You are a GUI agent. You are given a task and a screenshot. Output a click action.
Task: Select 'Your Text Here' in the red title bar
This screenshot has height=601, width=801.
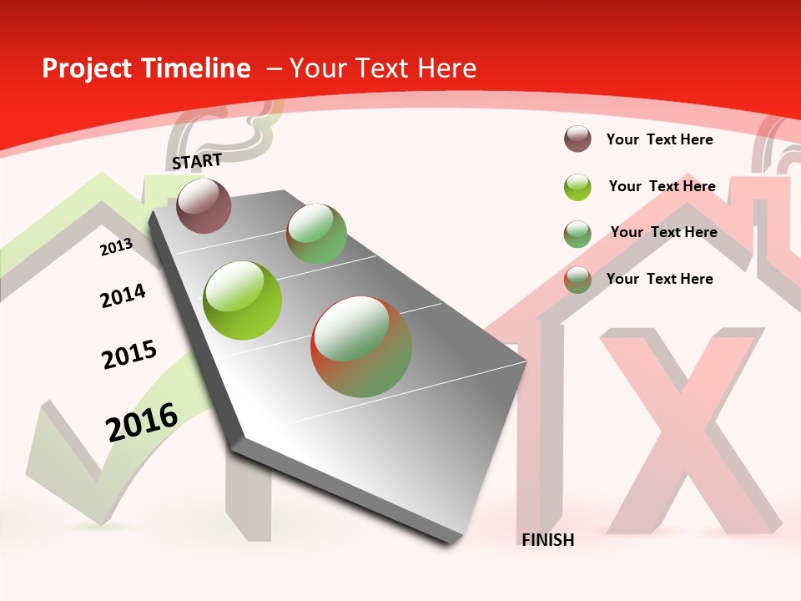tap(382, 68)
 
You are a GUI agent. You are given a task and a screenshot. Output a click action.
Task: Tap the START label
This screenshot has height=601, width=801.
tap(197, 161)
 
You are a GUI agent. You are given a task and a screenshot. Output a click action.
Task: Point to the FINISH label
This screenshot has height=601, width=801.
tap(547, 540)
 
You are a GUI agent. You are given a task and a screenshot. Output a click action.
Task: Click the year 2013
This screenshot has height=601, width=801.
tap(116, 246)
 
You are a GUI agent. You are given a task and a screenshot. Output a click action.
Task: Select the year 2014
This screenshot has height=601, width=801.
tap(123, 295)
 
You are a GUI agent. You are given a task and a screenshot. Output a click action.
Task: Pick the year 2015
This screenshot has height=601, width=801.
tap(128, 354)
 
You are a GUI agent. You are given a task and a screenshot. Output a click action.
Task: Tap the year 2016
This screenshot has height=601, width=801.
tap(142, 422)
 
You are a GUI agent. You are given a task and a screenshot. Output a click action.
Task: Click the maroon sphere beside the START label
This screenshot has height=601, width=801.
tap(204, 205)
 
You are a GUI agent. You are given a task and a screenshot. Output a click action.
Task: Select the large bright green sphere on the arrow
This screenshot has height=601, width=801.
tap(243, 300)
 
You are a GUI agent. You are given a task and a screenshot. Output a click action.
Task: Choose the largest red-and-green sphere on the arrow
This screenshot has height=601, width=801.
tap(361, 346)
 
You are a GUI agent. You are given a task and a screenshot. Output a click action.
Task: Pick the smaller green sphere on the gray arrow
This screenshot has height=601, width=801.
tap(316, 235)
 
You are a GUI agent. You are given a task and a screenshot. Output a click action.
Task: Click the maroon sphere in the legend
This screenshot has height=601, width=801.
tap(577, 139)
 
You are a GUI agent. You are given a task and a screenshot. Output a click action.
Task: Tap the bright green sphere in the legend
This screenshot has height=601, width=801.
tap(577, 187)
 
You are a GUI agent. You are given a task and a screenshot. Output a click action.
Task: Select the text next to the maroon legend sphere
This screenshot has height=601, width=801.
tap(659, 139)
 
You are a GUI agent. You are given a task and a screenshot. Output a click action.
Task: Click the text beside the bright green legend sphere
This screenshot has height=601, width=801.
tap(662, 186)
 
